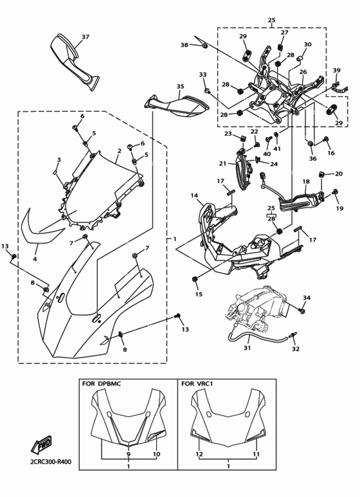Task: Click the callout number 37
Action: click(x=85, y=37)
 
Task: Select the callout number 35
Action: click(x=180, y=86)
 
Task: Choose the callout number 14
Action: click(x=194, y=195)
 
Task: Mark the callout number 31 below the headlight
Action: click(x=247, y=348)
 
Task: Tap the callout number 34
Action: click(x=307, y=298)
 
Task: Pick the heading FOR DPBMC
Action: click(x=102, y=384)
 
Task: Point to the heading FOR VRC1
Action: click(x=197, y=384)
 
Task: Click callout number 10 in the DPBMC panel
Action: click(x=156, y=454)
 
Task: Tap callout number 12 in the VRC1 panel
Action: click(x=200, y=454)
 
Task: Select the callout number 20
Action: click(x=339, y=174)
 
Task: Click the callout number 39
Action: click(x=336, y=70)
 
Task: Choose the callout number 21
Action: click(x=222, y=163)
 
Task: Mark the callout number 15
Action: click(x=199, y=294)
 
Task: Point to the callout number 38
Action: click(x=184, y=45)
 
